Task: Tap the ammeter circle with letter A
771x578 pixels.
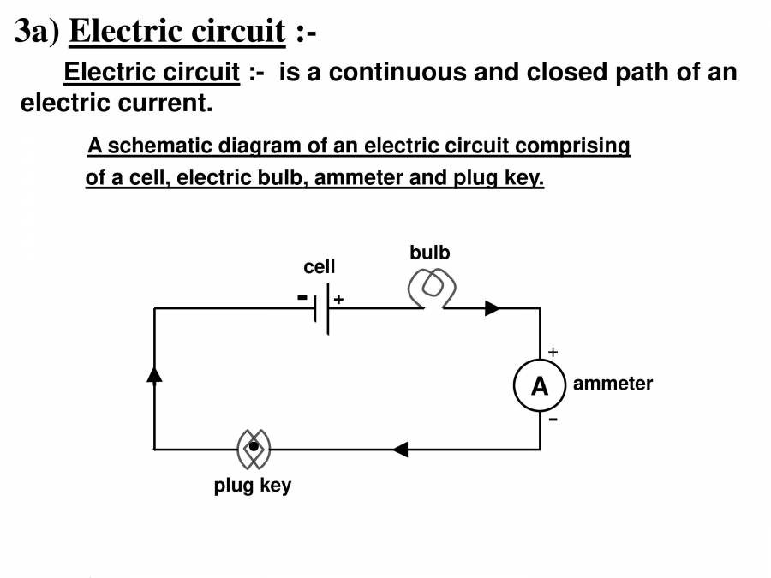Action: tap(540, 387)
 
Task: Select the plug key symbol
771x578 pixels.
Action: tap(254, 448)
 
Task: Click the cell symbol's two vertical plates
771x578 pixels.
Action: tap(322, 308)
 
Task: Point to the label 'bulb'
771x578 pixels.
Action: tap(429, 253)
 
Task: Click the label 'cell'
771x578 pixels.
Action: tap(320, 267)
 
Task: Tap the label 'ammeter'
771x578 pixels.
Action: tap(613, 384)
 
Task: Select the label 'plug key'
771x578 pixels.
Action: tap(253, 486)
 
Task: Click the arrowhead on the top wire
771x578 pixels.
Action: tap(493, 308)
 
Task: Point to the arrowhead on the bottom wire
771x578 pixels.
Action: tap(400, 449)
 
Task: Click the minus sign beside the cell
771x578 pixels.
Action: tap(302, 296)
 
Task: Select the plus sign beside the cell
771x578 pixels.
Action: tap(338, 300)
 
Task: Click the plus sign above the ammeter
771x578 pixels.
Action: tap(553, 352)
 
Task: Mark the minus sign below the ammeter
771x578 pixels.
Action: tap(553, 420)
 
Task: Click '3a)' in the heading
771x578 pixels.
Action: tap(37, 32)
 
